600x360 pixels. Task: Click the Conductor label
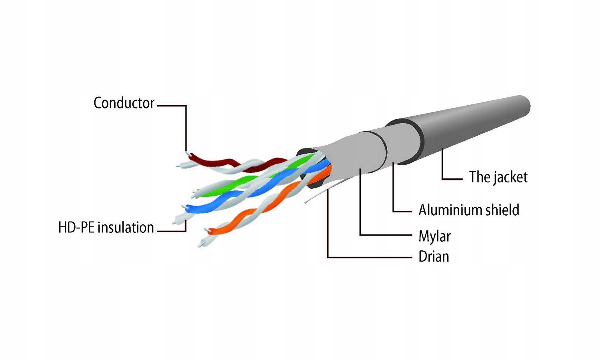coord(124,103)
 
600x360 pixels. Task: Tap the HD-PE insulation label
coord(106,228)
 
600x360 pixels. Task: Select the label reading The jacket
coord(498,177)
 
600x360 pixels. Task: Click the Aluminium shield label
coord(469,210)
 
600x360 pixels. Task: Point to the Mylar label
coord(434,236)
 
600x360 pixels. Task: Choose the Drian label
coord(434,256)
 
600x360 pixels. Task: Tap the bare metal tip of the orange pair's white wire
coord(201,244)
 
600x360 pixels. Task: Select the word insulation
coord(126,228)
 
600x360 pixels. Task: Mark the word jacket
coord(510,177)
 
